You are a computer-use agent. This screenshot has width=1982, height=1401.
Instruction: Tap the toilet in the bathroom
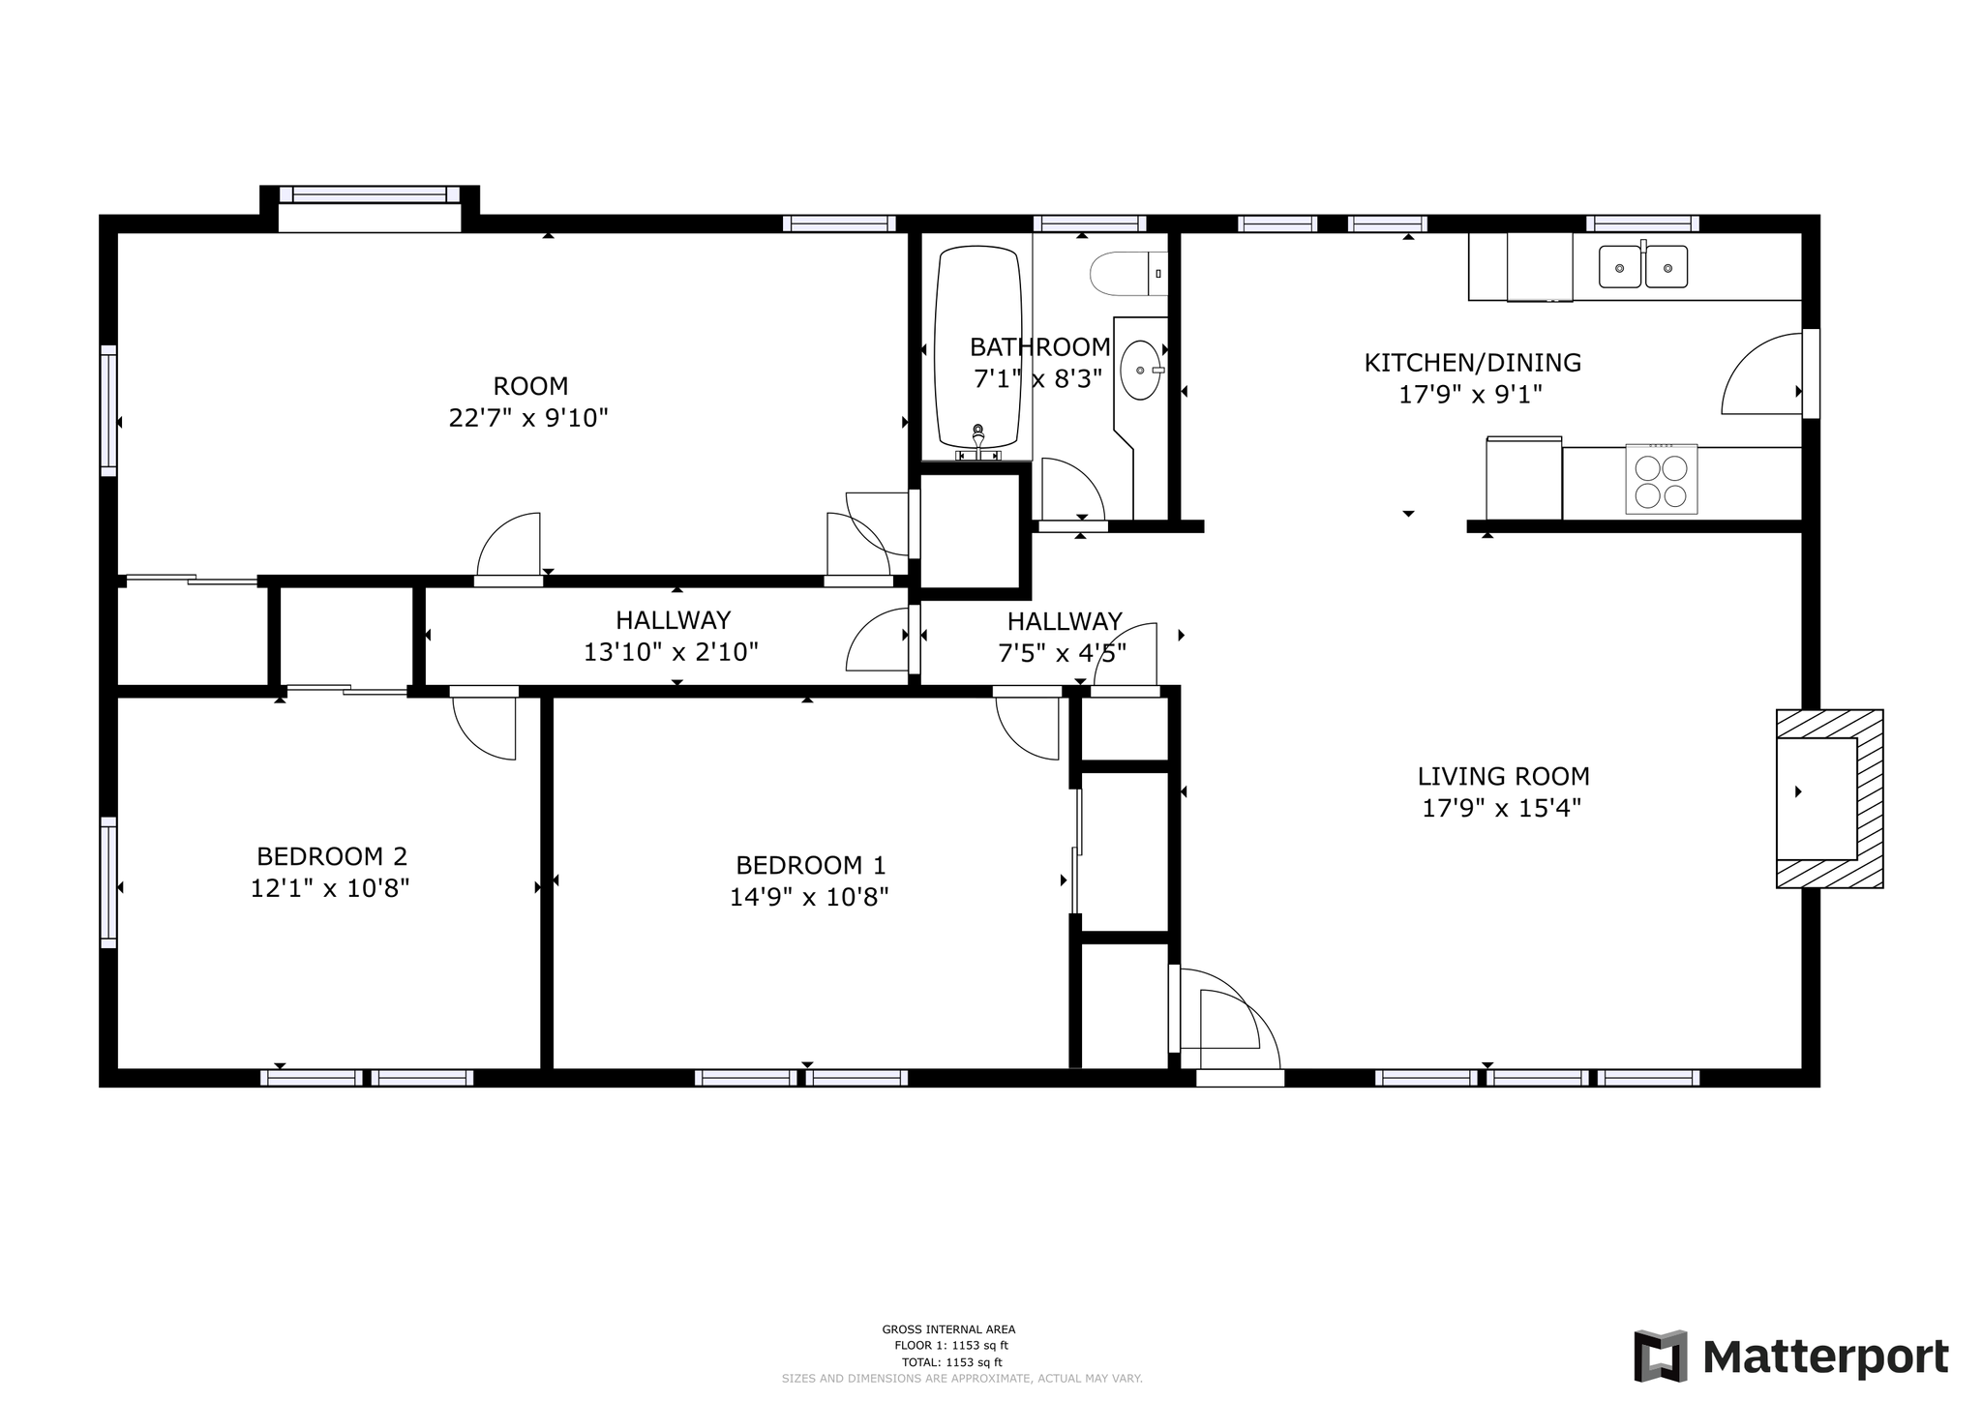point(1128,274)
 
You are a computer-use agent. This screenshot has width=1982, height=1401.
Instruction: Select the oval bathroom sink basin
point(1141,370)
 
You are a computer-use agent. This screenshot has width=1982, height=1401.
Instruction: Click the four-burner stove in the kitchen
point(1661,479)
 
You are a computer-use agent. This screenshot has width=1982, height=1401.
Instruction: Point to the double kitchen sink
point(1642,266)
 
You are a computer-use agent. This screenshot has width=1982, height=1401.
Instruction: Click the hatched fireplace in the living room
point(1829,798)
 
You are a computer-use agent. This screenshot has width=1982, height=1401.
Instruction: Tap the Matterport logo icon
point(1661,1356)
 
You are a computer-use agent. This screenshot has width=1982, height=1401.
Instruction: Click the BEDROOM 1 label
point(810,865)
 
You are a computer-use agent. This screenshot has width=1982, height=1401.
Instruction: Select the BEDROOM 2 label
point(332,856)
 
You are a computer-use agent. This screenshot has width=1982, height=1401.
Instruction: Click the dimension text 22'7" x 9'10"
point(528,418)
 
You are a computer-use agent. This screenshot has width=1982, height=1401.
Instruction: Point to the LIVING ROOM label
point(1503,776)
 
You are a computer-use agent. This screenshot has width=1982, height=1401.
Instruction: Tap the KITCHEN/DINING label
point(1472,363)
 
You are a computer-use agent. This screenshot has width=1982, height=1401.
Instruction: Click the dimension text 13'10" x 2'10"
point(671,652)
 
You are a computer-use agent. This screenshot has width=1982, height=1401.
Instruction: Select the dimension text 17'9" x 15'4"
point(1501,808)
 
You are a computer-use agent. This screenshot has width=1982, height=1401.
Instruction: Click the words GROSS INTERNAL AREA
point(948,1329)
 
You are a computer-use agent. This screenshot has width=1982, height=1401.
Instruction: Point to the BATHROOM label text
point(1039,346)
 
